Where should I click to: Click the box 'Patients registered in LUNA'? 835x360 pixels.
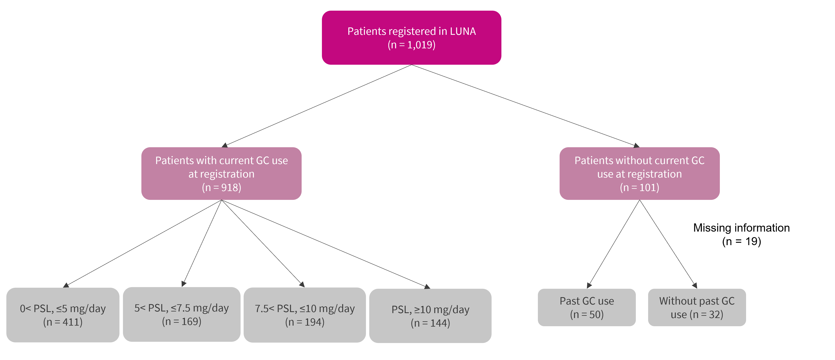[x=411, y=38]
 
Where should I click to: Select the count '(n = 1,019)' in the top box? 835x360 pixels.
[x=411, y=45]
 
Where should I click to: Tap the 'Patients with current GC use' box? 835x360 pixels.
[x=221, y=173]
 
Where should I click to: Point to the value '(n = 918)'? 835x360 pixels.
[x=221, y=187]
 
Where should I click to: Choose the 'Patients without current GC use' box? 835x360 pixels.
[x=640, y=173]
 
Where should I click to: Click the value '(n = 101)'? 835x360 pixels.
[x=640, y=187]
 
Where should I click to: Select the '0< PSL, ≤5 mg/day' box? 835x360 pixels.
[x=63, y=315]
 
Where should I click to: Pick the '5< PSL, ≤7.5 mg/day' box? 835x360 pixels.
[x=182, y=314]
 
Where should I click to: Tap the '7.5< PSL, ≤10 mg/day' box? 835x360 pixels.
[x=305, y=315]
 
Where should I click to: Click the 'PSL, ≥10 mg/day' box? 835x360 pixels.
[x=430, y=316]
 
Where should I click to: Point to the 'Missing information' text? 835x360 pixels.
[x=741, y=228]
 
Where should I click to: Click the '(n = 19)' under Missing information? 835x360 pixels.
[x=741, y=241]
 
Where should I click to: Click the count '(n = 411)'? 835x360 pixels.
[x=63, y=322]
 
